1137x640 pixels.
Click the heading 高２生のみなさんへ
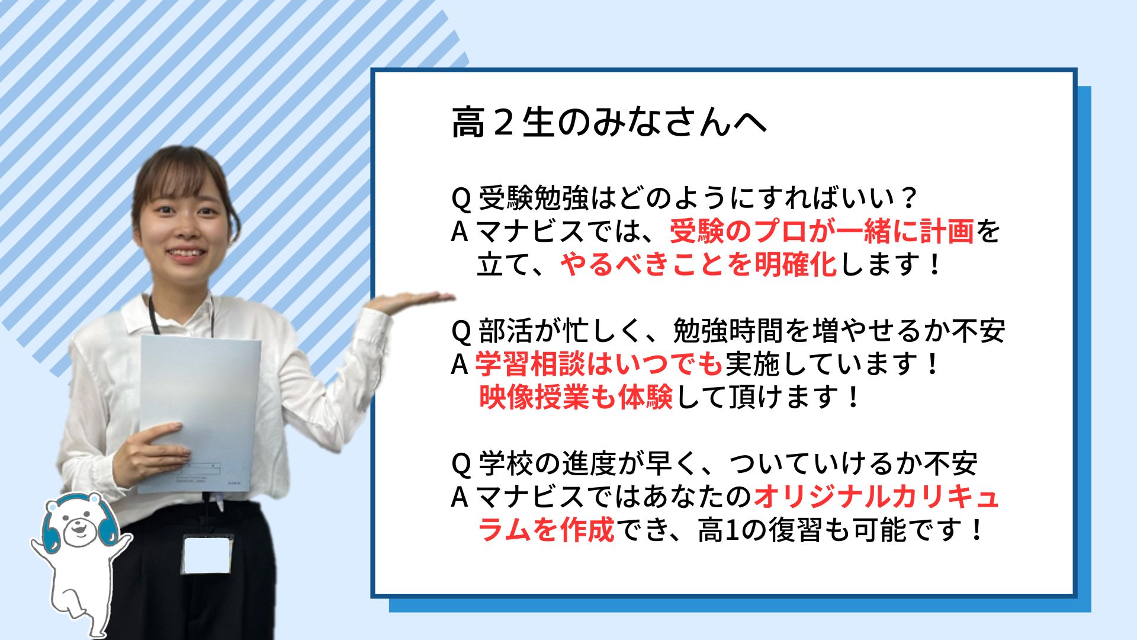[609, 123]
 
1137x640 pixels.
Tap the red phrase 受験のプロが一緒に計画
[821, 231]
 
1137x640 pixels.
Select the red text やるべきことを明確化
[698, 264]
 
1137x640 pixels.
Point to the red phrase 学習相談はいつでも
[598, 364]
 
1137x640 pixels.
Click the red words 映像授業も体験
[576, 397]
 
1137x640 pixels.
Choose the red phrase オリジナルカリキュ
[876, 497]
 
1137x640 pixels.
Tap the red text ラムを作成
[546, 530]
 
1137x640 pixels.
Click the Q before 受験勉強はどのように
[461, 199]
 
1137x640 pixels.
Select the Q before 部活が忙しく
[461, 331]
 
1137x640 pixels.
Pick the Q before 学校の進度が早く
[461, 464]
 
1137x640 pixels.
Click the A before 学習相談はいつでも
[460, 364]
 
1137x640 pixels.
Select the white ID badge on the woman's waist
[207, 553]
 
